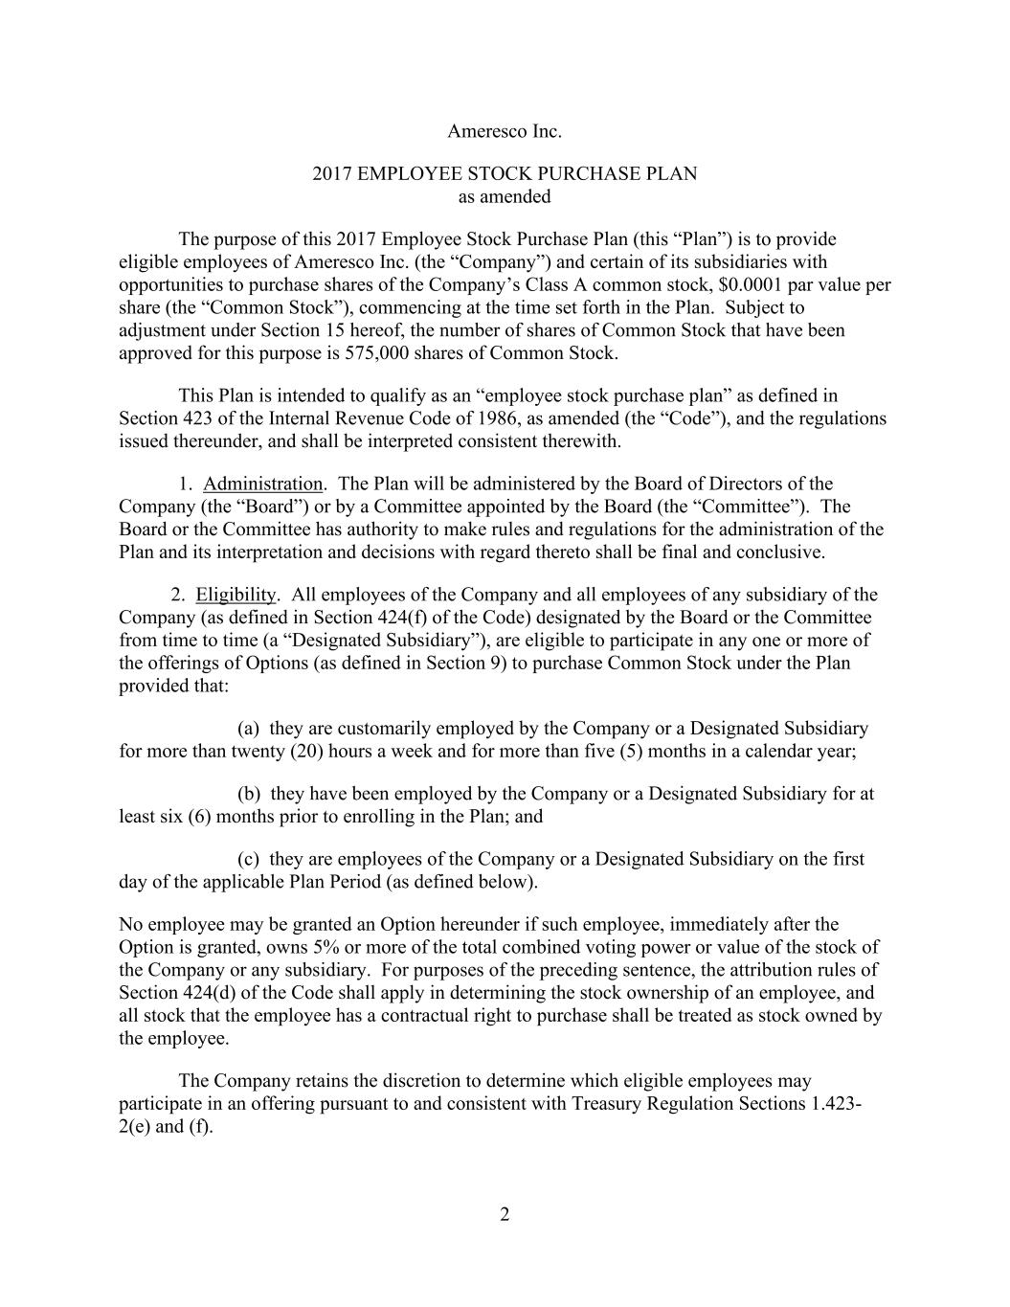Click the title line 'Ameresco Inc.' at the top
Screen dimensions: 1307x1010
(505, 130)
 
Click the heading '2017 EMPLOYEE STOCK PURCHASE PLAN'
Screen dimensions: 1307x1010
(505, 173)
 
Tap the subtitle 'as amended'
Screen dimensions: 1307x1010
(505, 196)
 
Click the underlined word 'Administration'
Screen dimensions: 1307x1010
(262, 484)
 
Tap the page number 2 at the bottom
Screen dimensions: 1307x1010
(505, 1215)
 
